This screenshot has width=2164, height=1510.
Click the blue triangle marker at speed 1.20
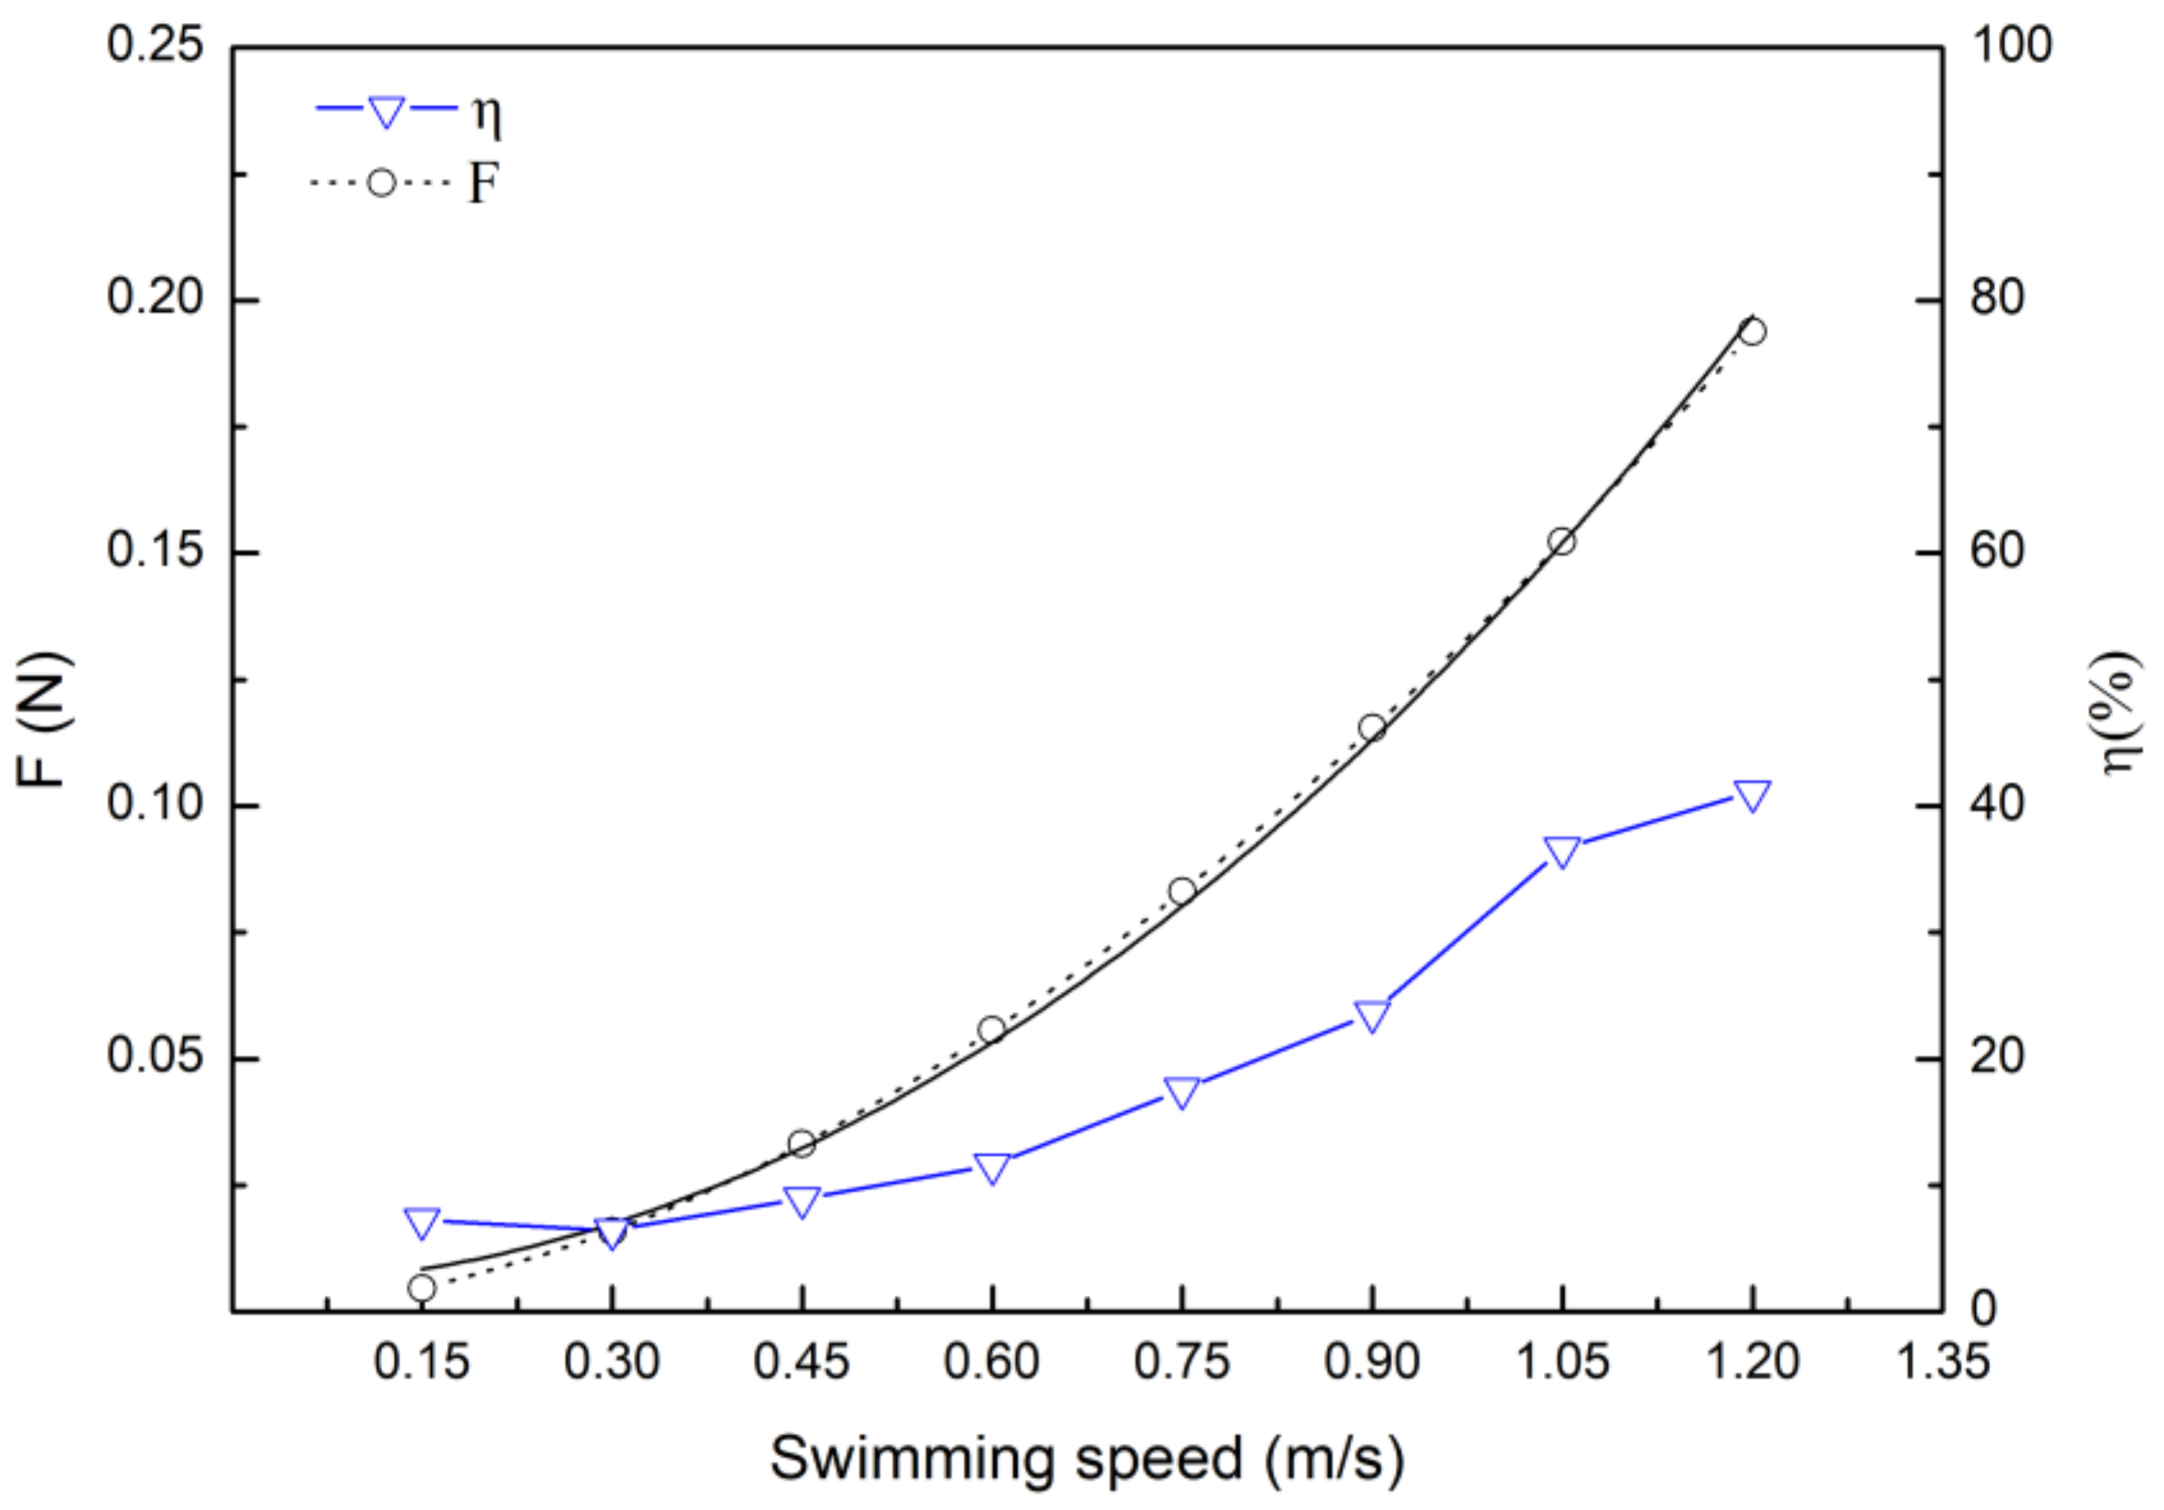coord(1752,795)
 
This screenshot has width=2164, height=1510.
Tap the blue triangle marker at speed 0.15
coord(422,1221)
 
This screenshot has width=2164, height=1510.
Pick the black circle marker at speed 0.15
coord(422,1288)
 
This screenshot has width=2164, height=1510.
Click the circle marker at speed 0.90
coord(1372,727)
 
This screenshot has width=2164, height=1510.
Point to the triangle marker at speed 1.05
coord(1562,851)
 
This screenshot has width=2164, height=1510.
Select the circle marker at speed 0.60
coord(991,1030)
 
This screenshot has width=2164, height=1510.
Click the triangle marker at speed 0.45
coord(802,1202)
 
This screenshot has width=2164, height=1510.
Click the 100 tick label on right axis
coord(2010,45)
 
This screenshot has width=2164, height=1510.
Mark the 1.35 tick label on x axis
coord(1942,1362)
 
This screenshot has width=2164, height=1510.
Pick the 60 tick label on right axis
coord(1996,551)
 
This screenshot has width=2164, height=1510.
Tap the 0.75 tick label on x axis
coord(1182,1362)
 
